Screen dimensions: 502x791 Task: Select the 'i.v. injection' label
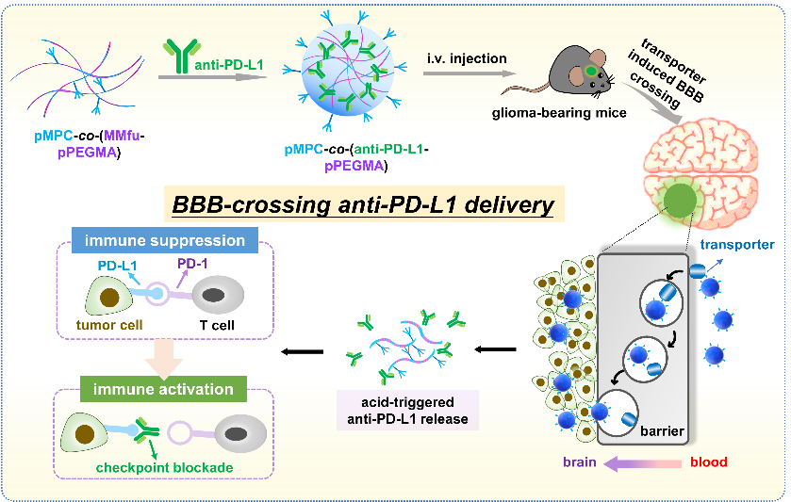466,59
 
